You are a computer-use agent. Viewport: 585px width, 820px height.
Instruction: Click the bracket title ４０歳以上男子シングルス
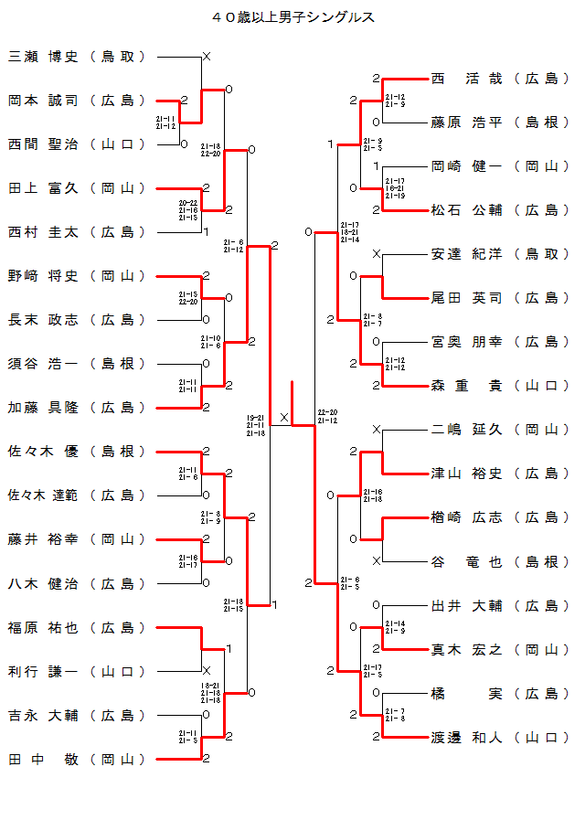(292, 17)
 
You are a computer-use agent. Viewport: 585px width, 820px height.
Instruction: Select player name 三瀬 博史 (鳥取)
(77, 57)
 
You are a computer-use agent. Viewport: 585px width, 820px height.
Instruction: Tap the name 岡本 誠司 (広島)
(77, 101)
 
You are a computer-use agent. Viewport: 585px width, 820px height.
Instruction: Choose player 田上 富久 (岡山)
(77, 188)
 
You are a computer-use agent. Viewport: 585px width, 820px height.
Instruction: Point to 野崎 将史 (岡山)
(77, 276)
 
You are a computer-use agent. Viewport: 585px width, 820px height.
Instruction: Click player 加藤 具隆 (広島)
(77, 408)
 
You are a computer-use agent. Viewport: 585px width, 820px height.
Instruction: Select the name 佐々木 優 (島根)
(77, 452)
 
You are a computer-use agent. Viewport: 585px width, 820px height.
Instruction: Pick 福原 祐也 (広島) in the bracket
(77, 628)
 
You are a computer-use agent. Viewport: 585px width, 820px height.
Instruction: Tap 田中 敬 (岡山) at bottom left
(77, 760)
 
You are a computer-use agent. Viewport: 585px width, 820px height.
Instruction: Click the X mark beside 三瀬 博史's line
(206, 57)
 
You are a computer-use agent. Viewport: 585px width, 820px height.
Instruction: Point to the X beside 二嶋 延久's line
(376, 430)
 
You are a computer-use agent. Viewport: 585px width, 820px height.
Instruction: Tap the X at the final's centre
(284, 418)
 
